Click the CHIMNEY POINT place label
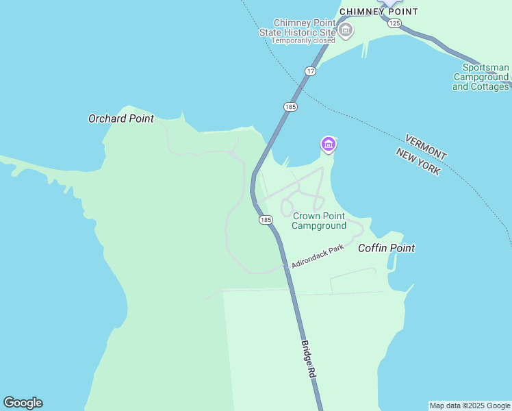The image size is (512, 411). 379,12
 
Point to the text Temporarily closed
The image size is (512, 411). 303,40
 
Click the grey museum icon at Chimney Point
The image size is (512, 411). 346,29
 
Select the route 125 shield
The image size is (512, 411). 394,23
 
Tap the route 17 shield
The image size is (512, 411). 311,71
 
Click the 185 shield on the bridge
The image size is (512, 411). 290,107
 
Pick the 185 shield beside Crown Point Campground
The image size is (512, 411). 266,220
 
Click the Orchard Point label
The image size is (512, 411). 121,119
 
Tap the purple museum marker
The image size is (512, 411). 329,145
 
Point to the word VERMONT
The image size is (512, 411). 425,147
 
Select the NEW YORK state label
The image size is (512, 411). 418,162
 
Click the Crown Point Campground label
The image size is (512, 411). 319,221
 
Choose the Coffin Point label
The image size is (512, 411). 387,248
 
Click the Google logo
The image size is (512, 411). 23,403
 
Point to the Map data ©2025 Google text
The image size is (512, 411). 470,406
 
